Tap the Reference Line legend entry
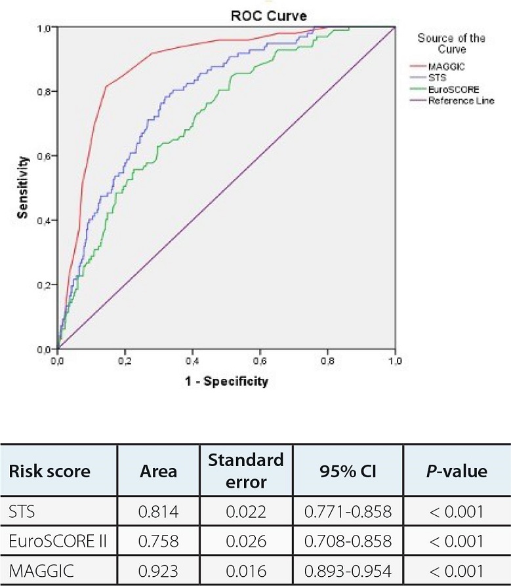pos(460,101)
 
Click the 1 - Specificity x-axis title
pos(226,381)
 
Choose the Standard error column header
pos(245,471)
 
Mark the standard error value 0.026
pos(245,541)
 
